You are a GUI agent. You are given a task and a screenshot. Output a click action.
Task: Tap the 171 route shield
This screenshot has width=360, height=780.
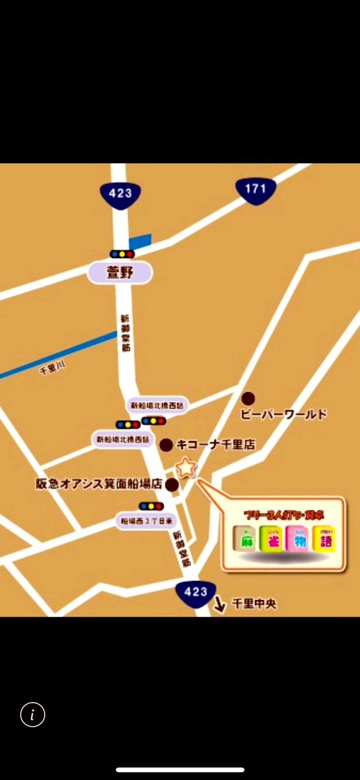click(x=255, y=189)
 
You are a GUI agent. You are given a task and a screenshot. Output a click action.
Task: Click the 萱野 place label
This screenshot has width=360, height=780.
click(x=120, y=273)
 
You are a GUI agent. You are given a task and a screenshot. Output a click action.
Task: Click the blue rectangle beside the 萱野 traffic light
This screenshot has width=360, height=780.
click(x=140, y=242)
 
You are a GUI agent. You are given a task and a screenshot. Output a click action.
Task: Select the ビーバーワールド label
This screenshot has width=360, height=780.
click(x=283, y=414)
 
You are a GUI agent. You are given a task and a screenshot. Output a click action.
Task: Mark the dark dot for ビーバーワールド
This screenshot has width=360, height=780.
click(x=248, y=398)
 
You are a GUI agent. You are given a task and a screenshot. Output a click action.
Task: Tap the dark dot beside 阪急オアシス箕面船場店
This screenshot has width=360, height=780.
click(x=172, y=484)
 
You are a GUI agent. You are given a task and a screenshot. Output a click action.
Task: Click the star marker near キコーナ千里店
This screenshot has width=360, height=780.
click(x=186, y=467)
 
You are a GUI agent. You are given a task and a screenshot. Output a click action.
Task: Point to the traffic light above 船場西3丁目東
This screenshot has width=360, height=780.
click(x=151, y=506)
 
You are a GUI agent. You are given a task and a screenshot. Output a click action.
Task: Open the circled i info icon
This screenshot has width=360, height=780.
click(x=32, y=715)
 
